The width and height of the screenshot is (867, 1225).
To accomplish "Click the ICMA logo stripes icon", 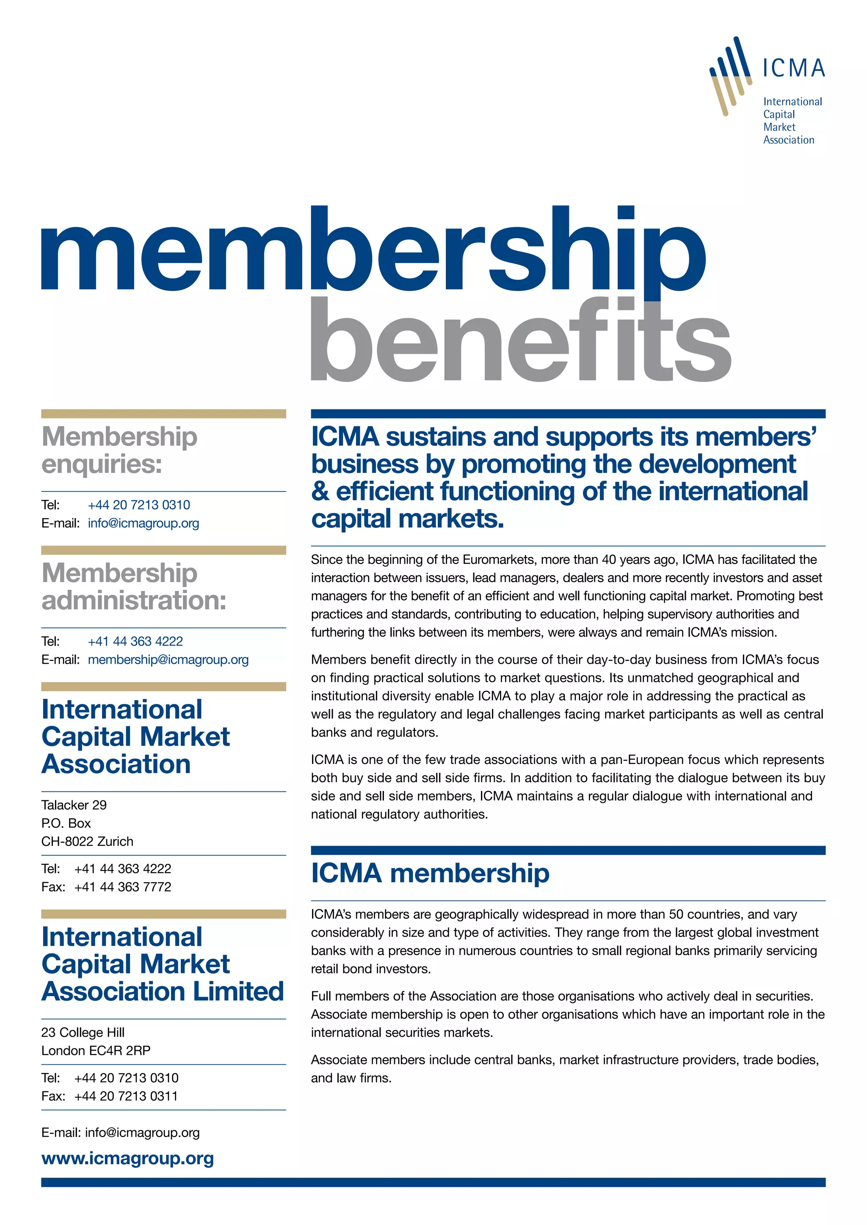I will click(730, 75).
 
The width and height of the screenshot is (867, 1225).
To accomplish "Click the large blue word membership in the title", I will click(374, 251).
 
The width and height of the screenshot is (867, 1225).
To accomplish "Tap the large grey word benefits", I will click(521, 341).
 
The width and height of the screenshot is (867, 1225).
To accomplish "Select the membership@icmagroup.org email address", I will click(168, 659).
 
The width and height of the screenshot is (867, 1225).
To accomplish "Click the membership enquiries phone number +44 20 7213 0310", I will click(139, 505).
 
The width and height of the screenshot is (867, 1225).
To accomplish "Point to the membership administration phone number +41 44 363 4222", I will click(135, 641).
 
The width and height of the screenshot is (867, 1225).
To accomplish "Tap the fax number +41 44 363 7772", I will click(123, 887).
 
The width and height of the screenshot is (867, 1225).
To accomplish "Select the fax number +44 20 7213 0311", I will click(126, 1096).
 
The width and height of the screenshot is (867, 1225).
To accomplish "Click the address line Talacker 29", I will click(74, 805).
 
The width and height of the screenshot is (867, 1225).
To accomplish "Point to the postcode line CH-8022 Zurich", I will click(87, 841).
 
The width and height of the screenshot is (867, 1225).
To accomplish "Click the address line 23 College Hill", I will click(83, 1033).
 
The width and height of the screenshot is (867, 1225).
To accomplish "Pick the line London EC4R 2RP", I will click(96, 1051).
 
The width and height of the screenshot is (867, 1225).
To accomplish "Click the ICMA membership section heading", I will click(430, 873).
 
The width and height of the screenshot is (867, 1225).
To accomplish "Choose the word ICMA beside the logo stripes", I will click(793, 68).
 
